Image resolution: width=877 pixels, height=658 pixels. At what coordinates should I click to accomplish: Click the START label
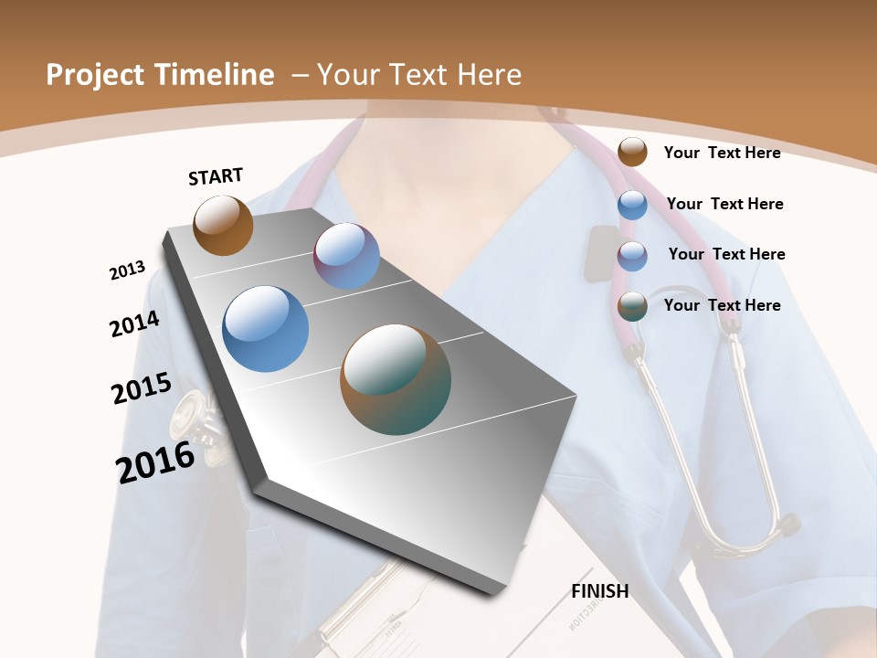coord(216,175)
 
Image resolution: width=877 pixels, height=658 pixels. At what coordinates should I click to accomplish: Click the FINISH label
coord(600,590)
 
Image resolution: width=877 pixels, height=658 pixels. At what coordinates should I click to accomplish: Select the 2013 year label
coord(127,271)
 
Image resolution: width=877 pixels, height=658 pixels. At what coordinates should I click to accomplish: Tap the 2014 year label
coord(134,324)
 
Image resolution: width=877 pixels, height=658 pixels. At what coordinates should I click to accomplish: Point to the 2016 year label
coord(155,462)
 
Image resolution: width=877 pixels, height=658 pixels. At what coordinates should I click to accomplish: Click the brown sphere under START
coord(223,226)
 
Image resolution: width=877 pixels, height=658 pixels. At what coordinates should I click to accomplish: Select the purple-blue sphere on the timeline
coord(346,256)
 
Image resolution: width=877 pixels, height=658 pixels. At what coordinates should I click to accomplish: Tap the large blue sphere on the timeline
coord(265,329)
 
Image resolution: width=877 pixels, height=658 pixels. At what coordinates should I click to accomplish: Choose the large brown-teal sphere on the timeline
coord(396,379)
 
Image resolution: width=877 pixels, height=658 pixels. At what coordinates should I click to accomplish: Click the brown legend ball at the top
coord(632,152)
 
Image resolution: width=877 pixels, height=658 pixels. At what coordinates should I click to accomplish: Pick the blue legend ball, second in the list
coord(632,205)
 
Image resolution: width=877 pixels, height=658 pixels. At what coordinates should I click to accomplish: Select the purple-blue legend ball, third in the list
coord(632,256)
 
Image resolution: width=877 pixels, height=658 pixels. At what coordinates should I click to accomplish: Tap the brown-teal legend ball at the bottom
coord(632,306)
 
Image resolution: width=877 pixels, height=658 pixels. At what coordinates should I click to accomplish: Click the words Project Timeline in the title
coord(160,75)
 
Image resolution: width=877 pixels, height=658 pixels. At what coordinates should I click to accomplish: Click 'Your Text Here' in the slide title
coord(419,75)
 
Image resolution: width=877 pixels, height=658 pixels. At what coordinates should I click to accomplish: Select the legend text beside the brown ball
coord(722,153)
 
